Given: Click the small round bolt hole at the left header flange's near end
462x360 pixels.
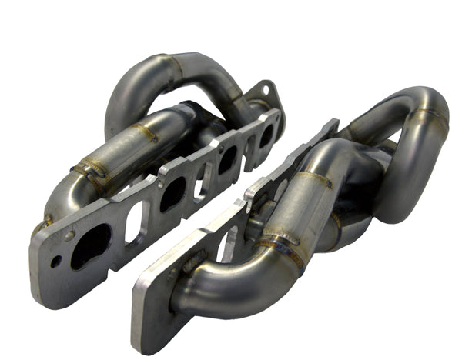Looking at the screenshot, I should pos(55,262).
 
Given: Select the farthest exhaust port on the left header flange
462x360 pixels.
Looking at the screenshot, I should pos(266,136).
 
